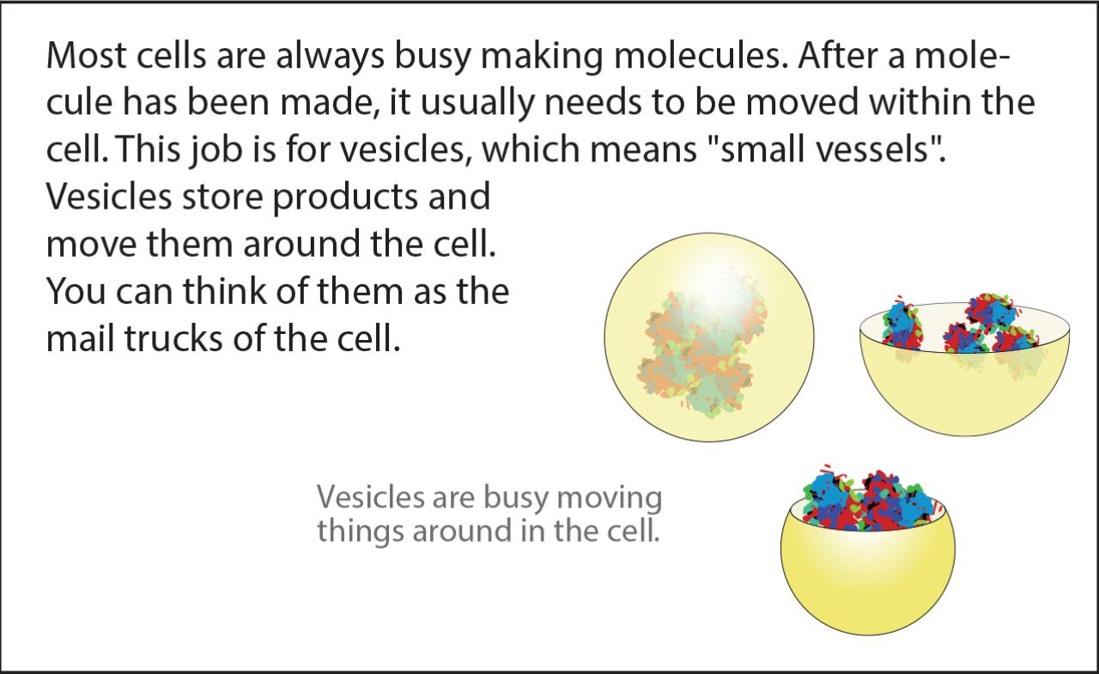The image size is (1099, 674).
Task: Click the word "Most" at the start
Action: point(87,56)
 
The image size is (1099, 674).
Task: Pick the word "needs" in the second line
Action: point(593,102)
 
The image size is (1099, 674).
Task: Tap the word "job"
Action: point(216,150)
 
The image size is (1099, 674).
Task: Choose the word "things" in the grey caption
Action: point(360,531)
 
